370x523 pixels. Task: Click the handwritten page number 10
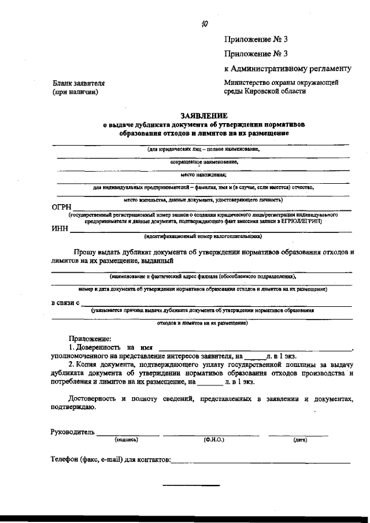[x=204, y=24]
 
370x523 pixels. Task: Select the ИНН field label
[x=60, y=229]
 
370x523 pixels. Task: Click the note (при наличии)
[x=75, y=92]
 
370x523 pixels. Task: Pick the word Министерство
[x=247, y=83]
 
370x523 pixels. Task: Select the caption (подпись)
[x=126, y=440]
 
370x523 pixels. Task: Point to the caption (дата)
[x=300, y=440]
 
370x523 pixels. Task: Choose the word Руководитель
[x=72, y=432]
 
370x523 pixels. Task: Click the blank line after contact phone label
[x=260, y=461]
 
